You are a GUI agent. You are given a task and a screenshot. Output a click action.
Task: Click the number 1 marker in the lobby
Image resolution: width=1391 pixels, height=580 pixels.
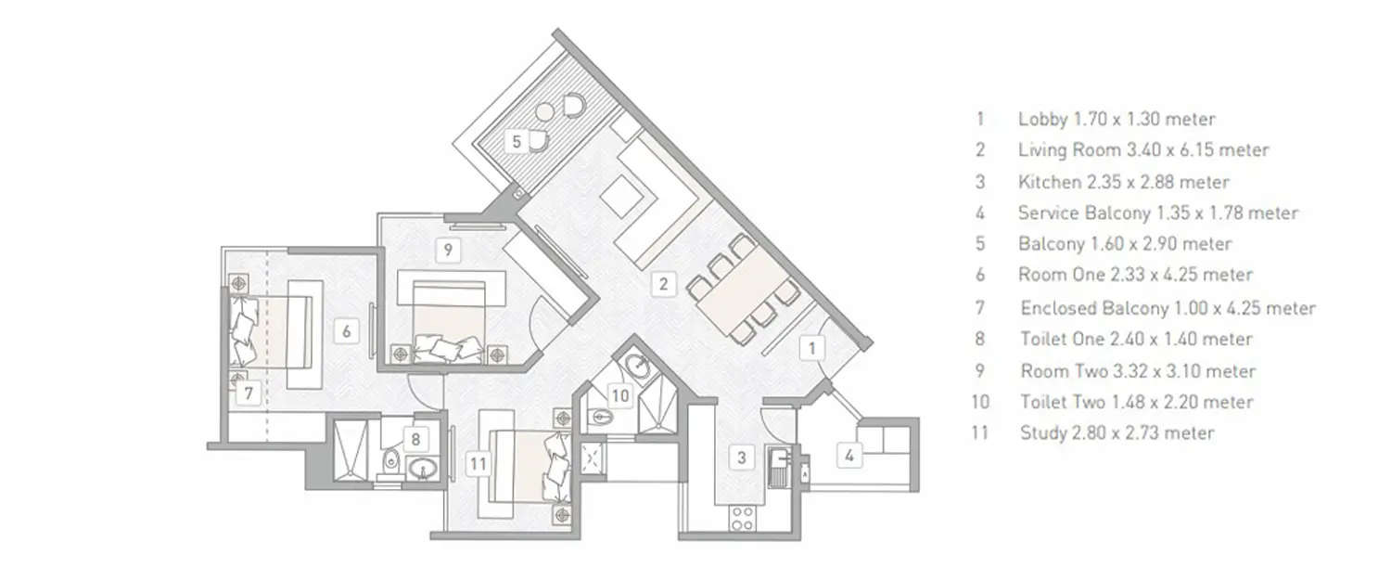pos(812,348)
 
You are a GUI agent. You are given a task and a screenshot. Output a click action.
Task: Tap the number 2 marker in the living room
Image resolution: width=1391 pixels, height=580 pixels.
pos(663,284)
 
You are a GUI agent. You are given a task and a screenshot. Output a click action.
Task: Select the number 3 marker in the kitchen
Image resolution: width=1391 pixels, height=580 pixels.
pos(741,457)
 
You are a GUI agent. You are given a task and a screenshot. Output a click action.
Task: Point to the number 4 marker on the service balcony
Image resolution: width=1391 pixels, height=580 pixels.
pos(849,455)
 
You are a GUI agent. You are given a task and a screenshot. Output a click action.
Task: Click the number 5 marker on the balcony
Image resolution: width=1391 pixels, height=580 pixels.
pos(517,141)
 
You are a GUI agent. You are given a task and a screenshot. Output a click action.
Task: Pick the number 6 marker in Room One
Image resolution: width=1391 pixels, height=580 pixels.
pos(344,329)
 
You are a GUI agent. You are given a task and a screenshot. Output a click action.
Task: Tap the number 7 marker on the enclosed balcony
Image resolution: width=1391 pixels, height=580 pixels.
pos(249,393)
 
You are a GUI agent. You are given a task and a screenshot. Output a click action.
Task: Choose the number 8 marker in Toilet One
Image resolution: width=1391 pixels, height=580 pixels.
pos(417,440)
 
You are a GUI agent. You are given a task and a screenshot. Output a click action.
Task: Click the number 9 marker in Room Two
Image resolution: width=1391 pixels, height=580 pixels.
pos(448,249)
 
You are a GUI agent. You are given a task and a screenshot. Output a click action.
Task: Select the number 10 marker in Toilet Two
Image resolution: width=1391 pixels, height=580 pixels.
pos(620,395)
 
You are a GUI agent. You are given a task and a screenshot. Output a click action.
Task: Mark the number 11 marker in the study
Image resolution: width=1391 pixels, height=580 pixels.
pos(479,461)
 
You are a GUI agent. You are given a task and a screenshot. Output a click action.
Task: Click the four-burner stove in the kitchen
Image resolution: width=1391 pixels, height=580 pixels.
pos(742,518)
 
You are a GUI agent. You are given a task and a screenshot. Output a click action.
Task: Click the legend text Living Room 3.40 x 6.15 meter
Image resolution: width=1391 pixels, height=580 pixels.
pos(1142,149)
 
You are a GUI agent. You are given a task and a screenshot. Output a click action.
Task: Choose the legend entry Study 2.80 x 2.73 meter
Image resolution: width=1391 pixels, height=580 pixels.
pos(1117,432)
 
